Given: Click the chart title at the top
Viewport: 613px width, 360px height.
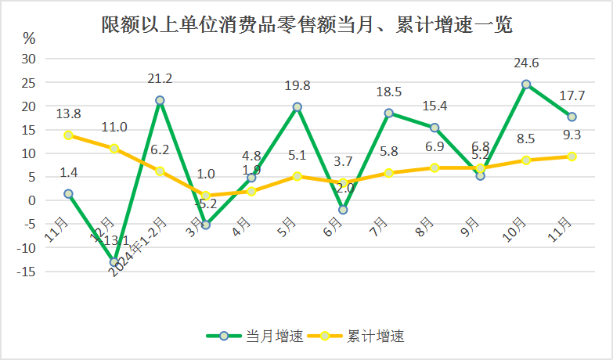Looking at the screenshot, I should [x=306, y=25].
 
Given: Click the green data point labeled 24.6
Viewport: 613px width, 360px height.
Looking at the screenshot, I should [x=526, y=84].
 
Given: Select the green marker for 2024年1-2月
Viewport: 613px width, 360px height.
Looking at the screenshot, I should [x=160, y=100].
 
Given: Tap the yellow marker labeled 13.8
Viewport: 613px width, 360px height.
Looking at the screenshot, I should [x=69, y=135].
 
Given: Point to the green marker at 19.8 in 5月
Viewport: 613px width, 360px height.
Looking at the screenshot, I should [x=297, y=106].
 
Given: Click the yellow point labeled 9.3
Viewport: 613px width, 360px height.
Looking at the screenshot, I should [x=572, y=157].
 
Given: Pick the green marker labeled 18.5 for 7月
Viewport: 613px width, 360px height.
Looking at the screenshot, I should [x=389, y=113].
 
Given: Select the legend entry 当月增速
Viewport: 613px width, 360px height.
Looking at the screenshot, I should [x=255, y=337].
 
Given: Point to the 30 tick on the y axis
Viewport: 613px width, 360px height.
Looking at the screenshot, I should [x=29, y=59].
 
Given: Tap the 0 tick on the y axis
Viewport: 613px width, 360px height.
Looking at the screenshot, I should [x=32, y=200].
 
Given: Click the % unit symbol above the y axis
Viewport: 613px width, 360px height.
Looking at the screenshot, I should [x=29, y=38].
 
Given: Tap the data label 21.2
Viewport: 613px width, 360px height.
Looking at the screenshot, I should [x=160, y=78].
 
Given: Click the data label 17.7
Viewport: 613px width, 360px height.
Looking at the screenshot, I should [x=572, y=96].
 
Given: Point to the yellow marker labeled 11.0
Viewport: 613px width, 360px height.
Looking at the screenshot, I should [x=114, y=148].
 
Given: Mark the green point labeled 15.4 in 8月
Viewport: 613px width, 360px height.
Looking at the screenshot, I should [x=435, y=128].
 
